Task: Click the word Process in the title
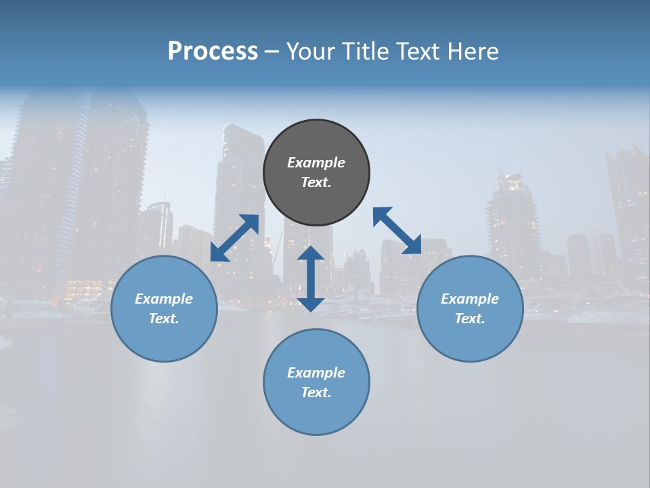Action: pyautogui.click(x=213, y=52)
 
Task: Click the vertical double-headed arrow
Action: pyautogui.click(x=311, y=279)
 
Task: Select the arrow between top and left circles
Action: pyautogui.click(x=234, y=238)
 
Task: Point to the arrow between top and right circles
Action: pyautogui.click(x=397, y=230)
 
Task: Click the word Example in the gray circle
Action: pyautogui.click(x=316, y=163)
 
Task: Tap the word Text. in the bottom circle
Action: pyautogui.click(x=316, y=392)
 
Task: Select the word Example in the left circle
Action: pyautogui.click(x=164, y=299)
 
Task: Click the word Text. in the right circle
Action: pyautogui.click(x=470, y=319)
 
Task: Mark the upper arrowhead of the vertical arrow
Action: pyautogui.click(x=311, y=253)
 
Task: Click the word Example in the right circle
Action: pyautogui.click(x=470, y=299)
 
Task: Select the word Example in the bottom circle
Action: pyautogui.click(x=316, y=373)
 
